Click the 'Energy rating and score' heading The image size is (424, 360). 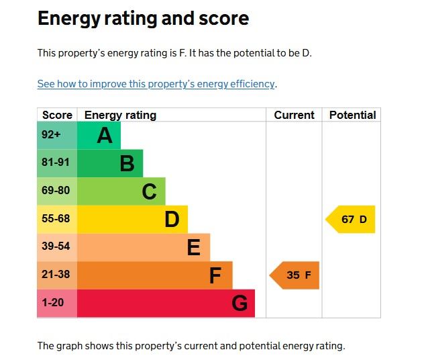[x=143, y=19]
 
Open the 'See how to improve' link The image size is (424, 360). [x=156, y=84]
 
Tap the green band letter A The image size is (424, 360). [x=104, y=136]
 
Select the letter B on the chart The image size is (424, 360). [x=127, y=164]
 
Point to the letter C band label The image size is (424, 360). [x=149, y=192]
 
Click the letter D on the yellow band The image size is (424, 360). [x=172, y=220]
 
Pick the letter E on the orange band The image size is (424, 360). [x=193, y=248]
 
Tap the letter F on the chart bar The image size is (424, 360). [x=215, y=275]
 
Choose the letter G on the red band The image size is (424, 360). [x=240, y=304]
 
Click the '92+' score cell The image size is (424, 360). [x=51, y=134]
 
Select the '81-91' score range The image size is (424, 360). [x=56, y=163]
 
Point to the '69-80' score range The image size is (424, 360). [x=56, y=191]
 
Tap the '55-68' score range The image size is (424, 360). [x=56, y=219]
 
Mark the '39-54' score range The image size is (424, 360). [x=56, y=246]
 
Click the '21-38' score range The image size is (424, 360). [x=56, y=275]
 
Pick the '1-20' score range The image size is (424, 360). [x=53, y=303]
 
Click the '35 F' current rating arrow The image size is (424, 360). [x=295, y=275]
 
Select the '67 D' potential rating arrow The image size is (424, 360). [x=352, y=220]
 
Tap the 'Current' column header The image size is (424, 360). [x=294, y=115]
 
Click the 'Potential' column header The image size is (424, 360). [x=352, y=115]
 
